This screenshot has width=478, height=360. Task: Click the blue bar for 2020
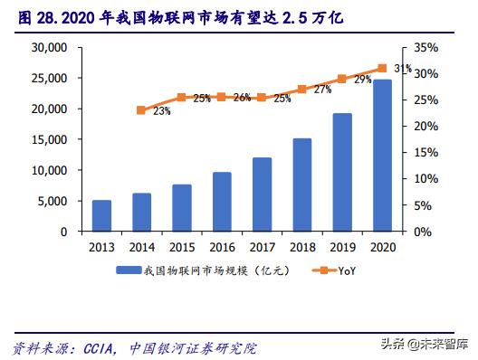pos(383,156)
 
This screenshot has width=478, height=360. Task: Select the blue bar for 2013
pos(101,215)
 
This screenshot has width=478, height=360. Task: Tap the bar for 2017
pos(262,194)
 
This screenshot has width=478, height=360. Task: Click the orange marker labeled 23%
pos(141,110)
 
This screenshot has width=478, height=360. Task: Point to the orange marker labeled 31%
pos(382,68)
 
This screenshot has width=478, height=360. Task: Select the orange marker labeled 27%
pos(302,90)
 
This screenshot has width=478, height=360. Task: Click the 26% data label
pos(242,98)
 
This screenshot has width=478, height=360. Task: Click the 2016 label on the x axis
pos(222,246)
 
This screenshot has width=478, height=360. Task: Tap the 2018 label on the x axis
pos(302,246)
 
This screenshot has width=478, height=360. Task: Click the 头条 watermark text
pos(392,343)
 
